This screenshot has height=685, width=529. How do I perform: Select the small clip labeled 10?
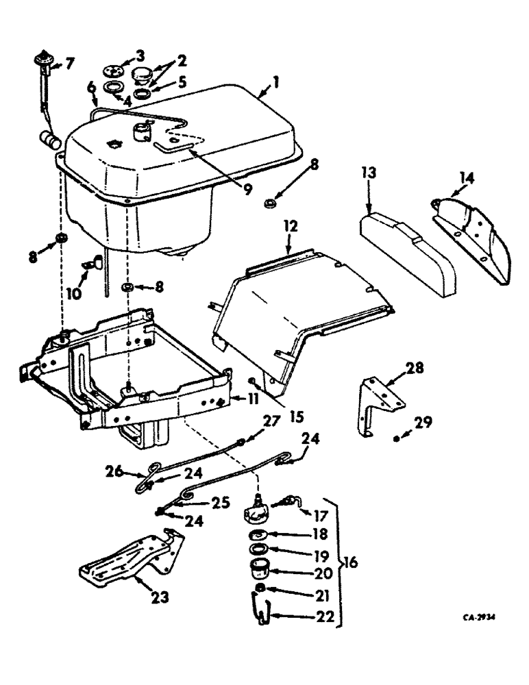coord(93,262)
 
